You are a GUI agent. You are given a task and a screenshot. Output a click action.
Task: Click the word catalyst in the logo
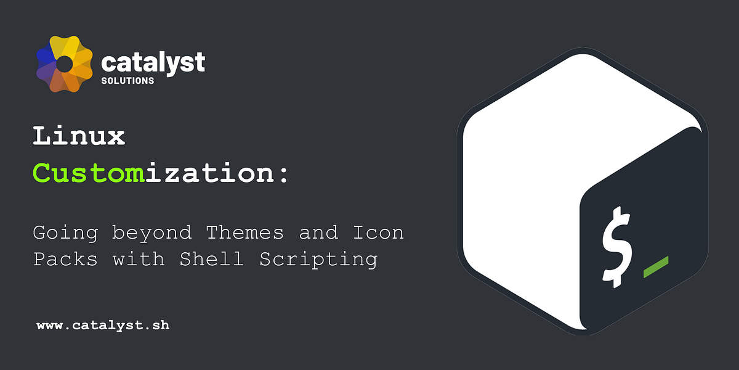pos(153,62)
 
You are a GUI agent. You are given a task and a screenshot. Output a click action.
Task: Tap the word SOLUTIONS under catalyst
pos(127,81)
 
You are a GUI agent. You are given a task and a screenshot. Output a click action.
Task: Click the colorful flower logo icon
pos(65,64)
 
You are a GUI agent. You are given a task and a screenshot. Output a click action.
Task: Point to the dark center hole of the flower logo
pos(65,64)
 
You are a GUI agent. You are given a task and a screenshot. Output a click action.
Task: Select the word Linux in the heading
pos(79,136)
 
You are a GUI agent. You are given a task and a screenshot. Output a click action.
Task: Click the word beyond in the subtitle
pos(151,234)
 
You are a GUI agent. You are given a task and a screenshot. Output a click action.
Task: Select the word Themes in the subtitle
pos(244,232)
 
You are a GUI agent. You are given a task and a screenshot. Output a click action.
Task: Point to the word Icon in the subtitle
pos(378,232)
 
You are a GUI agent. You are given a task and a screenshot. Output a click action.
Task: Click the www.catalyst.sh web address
pos(103,325)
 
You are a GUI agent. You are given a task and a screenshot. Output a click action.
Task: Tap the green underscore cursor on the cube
pos(656,266)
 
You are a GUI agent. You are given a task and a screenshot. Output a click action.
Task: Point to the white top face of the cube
pos(554,123)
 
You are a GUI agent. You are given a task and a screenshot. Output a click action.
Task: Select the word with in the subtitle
pos(139,259)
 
